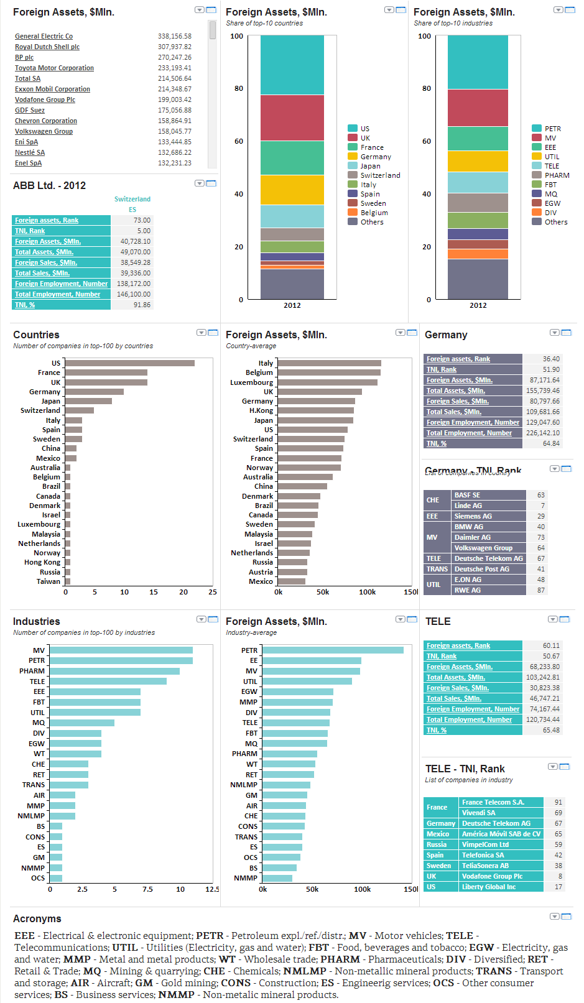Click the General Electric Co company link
pyautogui.click(x=44, y=37)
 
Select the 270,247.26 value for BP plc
pyautogui.click(x=174, y=57)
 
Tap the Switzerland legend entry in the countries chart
pyautogui.click(x=380, y=175)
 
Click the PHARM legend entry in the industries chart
pyautogui.click(x=557, y=175)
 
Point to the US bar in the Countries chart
pyautogui.click(x=129, y=363)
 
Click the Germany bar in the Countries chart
pyautogui.click(x=94, y=392)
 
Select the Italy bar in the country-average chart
pyautogui.click(x=329, y=363)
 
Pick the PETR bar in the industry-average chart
pyautogui.click(x=333, y=650)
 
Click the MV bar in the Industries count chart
pyautogui.click(x=121, y=650)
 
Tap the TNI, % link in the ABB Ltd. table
pyautogui.click(x=25, y=305)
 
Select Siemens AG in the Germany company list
pyautogui.click(x=473, y=516)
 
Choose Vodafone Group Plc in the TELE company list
pyautogui.click(x=492, y=876)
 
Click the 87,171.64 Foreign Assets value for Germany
pyautogui.click(x=544, y=380)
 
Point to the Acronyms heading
pyautogui.click(x=37, y=918)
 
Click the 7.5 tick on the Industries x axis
pyautogui.click(x=147, y=889)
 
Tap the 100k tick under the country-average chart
pyautogui.click(x=367, y=592)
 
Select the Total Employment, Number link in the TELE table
pyautogui.click(x=469, y=719)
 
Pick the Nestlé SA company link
pyautogui.click(x=30, y=152)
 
